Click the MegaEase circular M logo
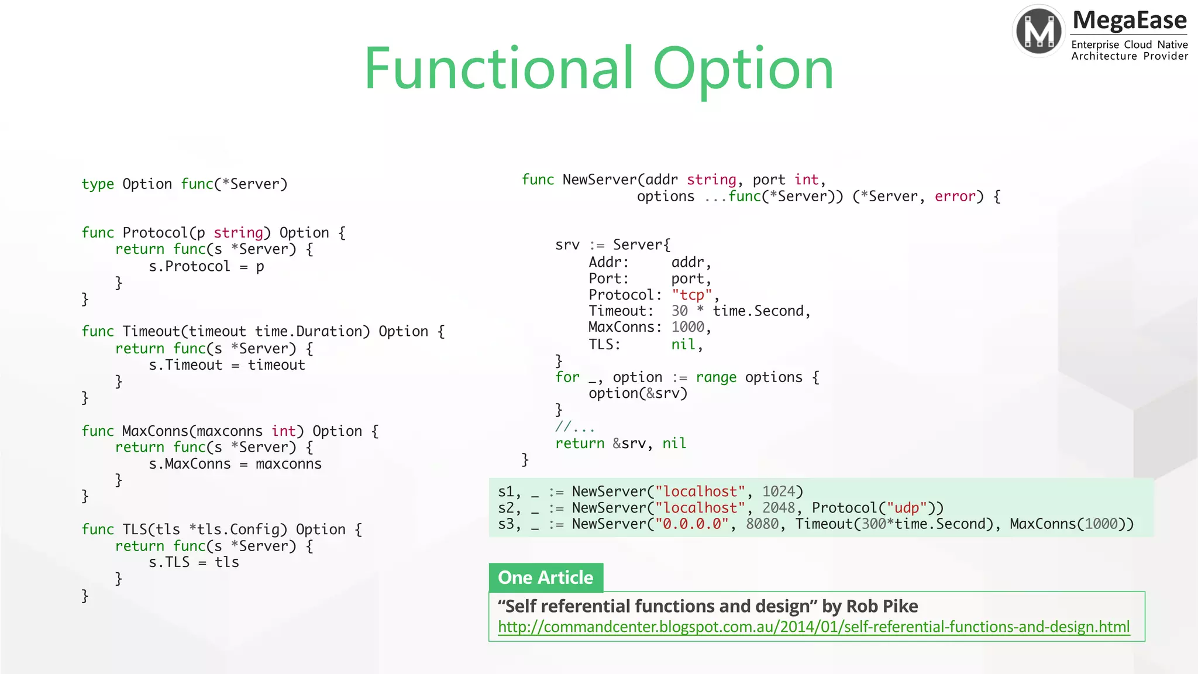point(1039,31)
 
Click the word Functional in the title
point(498,69)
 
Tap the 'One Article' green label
point(545,577)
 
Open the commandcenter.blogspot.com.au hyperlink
point(813,627)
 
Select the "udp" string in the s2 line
point(906,508)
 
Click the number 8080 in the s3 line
point(762,524)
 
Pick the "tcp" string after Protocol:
point(691,295)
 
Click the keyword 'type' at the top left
point(98,184)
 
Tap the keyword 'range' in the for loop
point(715,377)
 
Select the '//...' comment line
point(574,427)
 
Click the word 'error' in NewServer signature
point(955,197)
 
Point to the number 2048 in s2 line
point(778,508)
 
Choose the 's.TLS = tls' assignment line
point(194,562)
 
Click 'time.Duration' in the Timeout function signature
point(312,332)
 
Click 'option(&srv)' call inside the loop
point(638,393)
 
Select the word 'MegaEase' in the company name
point(1129,20)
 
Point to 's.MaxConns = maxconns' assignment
point(235,464)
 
